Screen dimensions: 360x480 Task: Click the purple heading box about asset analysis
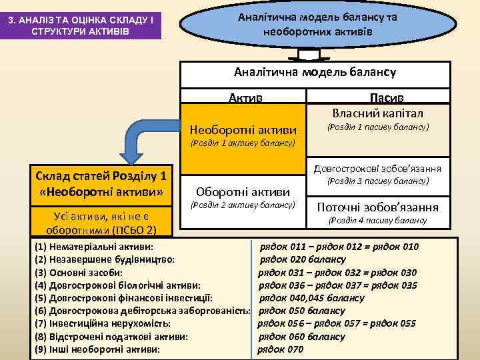pyautogui.click(x=81, y=27)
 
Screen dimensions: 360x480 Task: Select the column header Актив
pyautogui.click(x=245, y=97)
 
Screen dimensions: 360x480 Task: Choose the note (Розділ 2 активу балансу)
pyautogui.click(x=243, y=205)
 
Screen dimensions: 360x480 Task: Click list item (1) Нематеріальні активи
pyautogui.click(x=93, y=247)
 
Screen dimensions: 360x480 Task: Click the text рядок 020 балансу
pyautogui.click(x=303, y=259)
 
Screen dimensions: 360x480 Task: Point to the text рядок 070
pyautogui.click(x=280, y=349)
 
